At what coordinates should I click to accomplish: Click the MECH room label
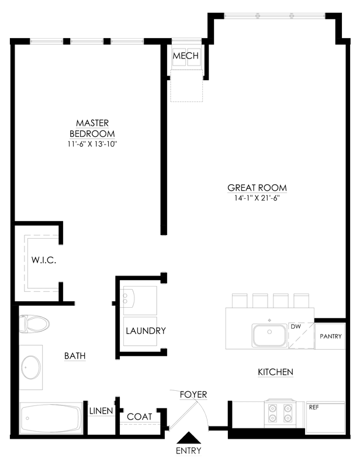pyautogui.click(x=186, y=56)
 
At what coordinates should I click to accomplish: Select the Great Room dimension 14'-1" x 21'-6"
pyautogui.click(x=257, y=198)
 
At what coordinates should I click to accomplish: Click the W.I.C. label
pyautogui.click(x=43, y=260)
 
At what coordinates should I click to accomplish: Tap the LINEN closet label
pyautogui.click(x=101, y=411)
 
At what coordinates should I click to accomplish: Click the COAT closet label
pyautogui.click(x=140, y=417)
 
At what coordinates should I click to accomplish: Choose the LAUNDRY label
pyautogui.click(x=146, y=331)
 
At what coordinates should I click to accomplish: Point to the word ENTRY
pyautogui.click(x=189, y=450)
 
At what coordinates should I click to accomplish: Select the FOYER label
pyautogui.click(x=193, y=395)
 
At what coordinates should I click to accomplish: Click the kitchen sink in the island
pyautogui.click(x=269, y=336)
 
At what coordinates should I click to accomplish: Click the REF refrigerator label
pyautogui.click(x=314, y=407)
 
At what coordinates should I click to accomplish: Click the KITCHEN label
pyautogui.click(x=275, y=372)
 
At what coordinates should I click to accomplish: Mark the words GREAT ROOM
pyautogui.click(x=257, y=188)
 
